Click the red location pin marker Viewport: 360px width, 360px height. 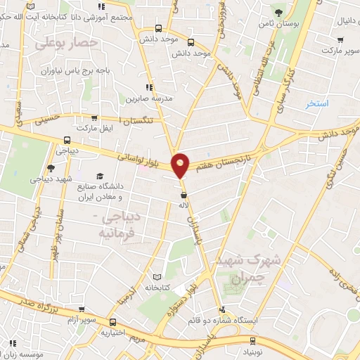pyautogui.click(x=181, y=165)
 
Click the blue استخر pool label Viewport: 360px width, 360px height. pyautogui.click(x=318, y=104)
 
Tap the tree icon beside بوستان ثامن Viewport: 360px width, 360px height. pyautogui.click(x=279, y=12)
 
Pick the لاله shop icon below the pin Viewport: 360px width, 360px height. pyautogui.click(x=184, y=195)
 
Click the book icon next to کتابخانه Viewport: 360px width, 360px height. pyautogui.click(x=166, y=278)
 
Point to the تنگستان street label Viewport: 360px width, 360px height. pyautogui.click(x=143, y=121)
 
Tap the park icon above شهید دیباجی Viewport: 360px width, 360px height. pyautogui.click(x=49, y=167)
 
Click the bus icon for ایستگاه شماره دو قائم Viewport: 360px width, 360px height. pyautogui.click(x=221, y=309)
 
